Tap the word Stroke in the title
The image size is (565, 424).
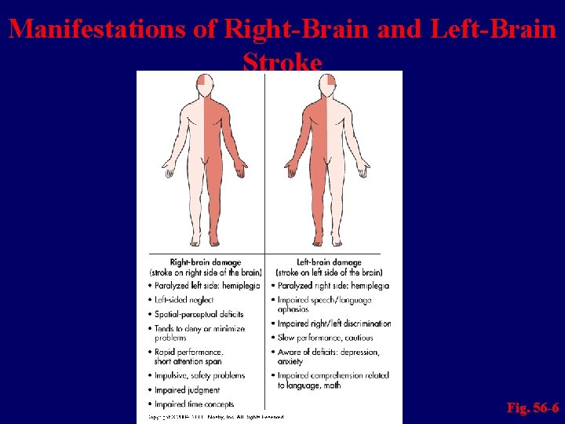(282, 61)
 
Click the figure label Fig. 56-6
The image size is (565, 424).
(533, 408)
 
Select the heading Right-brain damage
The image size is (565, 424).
(206, 262)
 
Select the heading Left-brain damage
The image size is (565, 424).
(329, 262)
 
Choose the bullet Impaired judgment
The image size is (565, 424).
(188, 389)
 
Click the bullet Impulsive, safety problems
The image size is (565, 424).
(199, 376)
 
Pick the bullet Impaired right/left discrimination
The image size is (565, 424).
(334, 323)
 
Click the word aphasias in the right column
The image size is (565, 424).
(293, 309)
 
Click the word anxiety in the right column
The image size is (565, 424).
(290, 361)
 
